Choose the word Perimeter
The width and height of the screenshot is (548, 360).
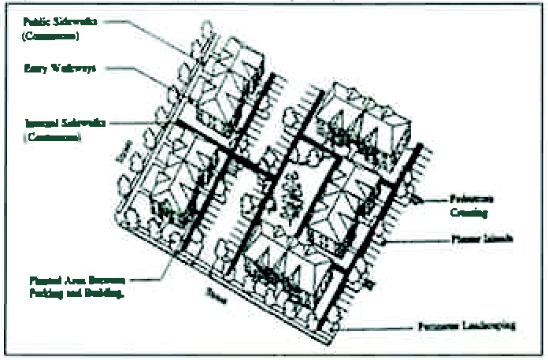click(x=438, y=325)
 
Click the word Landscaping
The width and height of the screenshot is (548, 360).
click(x=489, y=325)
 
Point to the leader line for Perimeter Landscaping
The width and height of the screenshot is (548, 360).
click(x=378, y=325)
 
